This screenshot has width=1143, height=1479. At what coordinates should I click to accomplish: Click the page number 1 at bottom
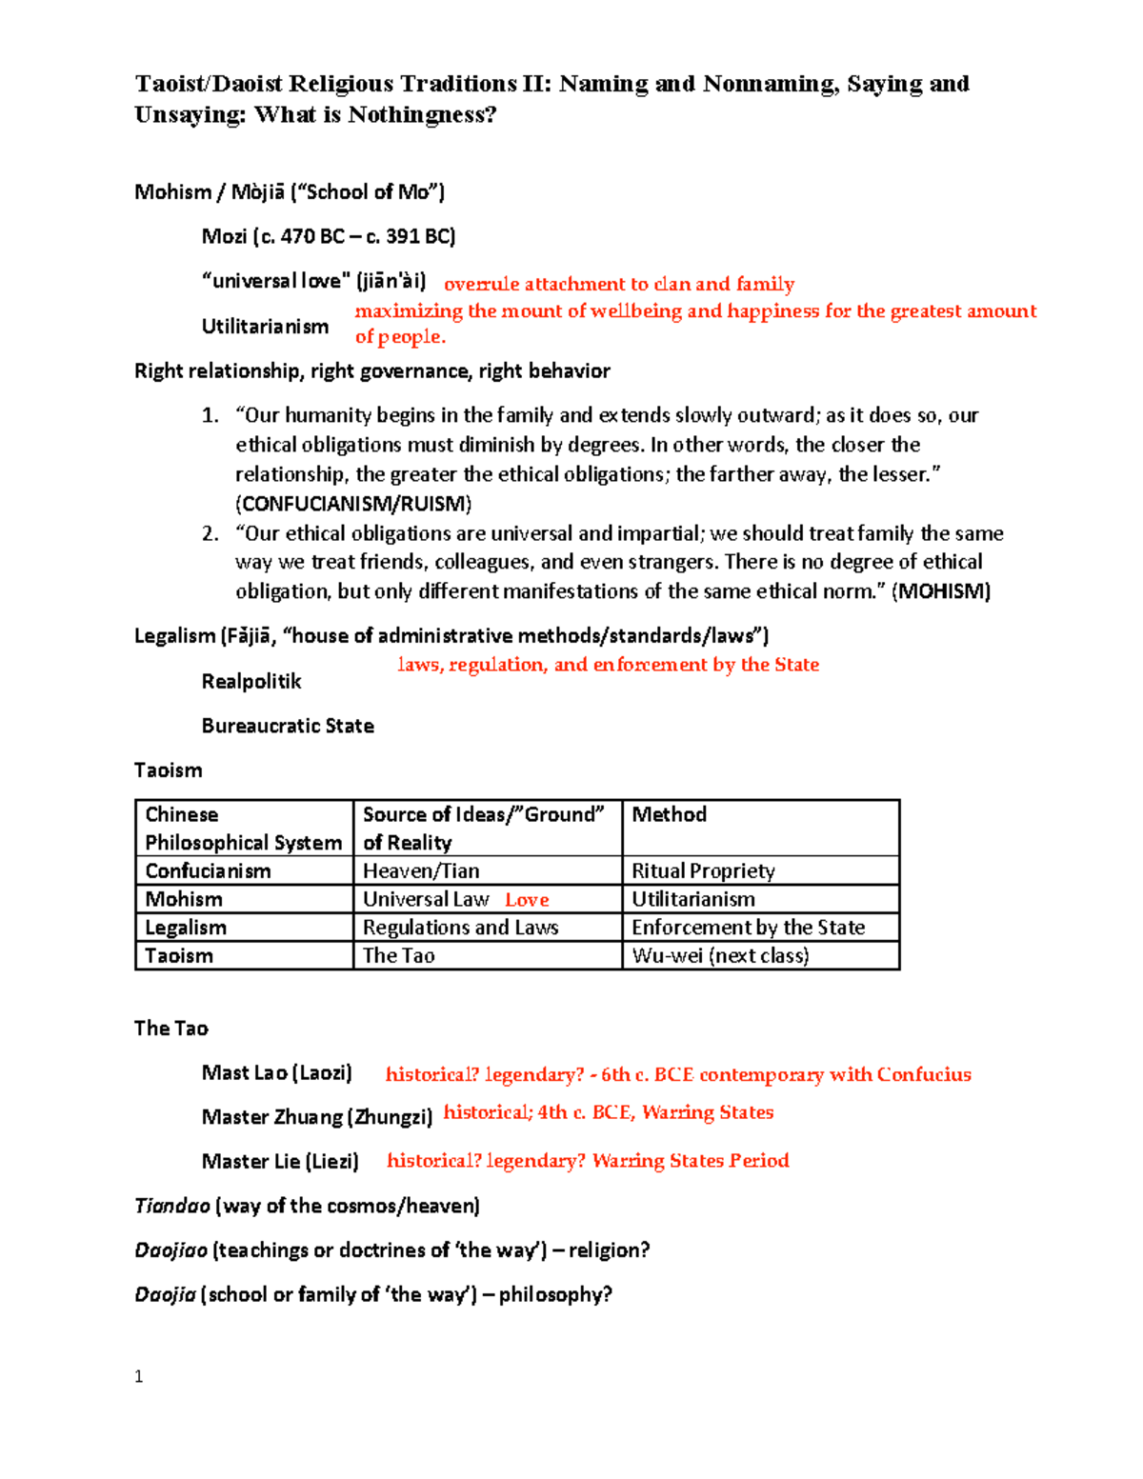pos(139,1376)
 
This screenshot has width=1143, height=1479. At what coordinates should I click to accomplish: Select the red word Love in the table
pos(527,900)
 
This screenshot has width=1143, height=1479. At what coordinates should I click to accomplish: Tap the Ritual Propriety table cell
pos(703,870)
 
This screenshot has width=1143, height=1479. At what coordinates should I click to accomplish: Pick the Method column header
pos(669,815)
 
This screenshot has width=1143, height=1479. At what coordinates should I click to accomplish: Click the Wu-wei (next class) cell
pos(720,955)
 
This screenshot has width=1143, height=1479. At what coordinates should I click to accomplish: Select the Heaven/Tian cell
pos(421,870)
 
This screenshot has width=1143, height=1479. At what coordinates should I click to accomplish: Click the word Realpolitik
pos(251,682)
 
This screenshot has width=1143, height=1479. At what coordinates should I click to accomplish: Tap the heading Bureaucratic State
pos(288,726)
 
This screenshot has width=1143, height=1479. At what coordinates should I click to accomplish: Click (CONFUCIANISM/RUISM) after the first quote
pos(353,504)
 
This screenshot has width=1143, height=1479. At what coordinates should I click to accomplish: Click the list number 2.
pos(210,533)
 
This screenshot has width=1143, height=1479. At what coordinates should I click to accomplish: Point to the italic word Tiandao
pos(172,1206)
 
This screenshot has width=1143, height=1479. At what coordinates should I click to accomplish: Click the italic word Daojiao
pos(170,1250)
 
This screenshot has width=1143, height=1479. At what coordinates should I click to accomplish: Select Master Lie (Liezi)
pos(280,1162)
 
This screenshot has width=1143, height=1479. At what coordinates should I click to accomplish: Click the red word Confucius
pos(923,1075)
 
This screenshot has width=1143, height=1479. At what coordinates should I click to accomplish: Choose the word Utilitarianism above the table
pos(265,327)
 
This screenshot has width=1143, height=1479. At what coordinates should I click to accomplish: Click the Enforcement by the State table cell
pos(748,928)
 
